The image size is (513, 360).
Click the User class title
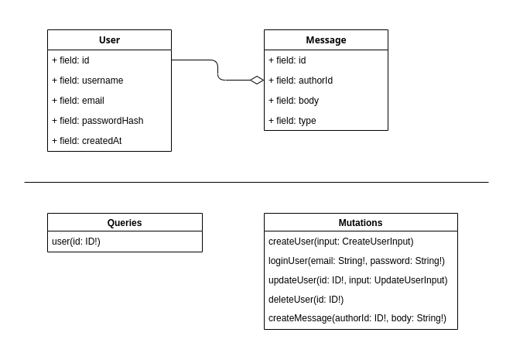(109, 40)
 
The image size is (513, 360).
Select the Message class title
(326, 40)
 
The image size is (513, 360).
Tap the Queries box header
(125, 223)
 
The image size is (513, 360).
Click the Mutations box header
(361, 223)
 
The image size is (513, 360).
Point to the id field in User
(70, 60)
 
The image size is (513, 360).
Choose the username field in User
(87, 81)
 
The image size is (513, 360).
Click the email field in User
(78, 101)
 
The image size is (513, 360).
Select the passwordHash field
(97, 121)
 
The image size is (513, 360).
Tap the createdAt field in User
(87, 141)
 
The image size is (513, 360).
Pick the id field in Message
(287, 60)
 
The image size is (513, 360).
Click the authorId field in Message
(300, 81)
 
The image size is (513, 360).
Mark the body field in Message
(293, 101)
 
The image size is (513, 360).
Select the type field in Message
(292, 121)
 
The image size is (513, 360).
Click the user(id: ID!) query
(76, 242)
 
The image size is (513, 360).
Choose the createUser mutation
(340, 242)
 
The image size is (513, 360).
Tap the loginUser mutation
(357, 261)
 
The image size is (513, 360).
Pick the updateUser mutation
(357, 280)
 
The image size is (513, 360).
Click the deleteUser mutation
(306, 300)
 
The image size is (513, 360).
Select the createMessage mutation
(357, 318)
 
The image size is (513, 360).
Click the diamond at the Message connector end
(257, 80)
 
